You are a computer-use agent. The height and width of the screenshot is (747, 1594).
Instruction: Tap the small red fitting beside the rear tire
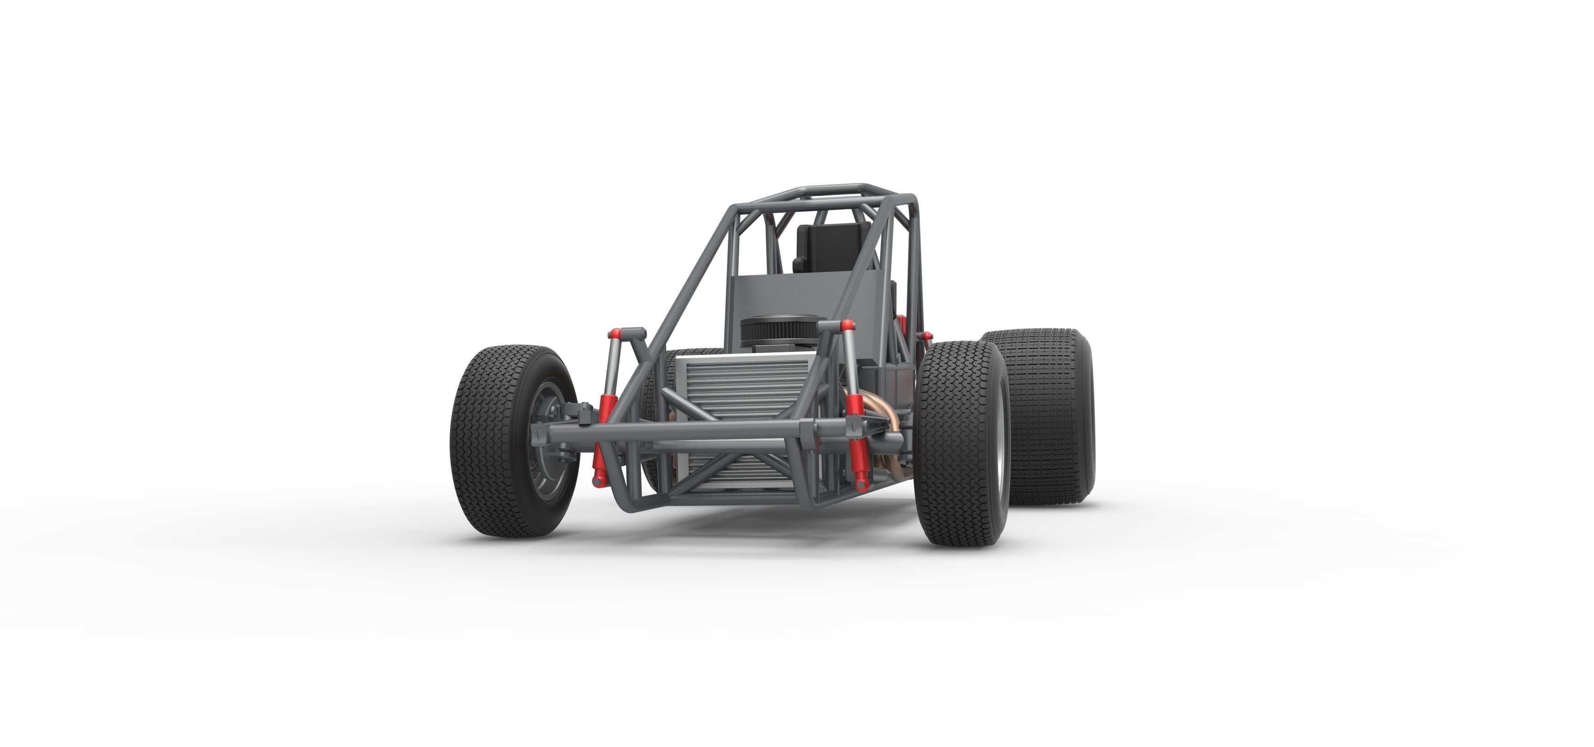click(x=927, y=336)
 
